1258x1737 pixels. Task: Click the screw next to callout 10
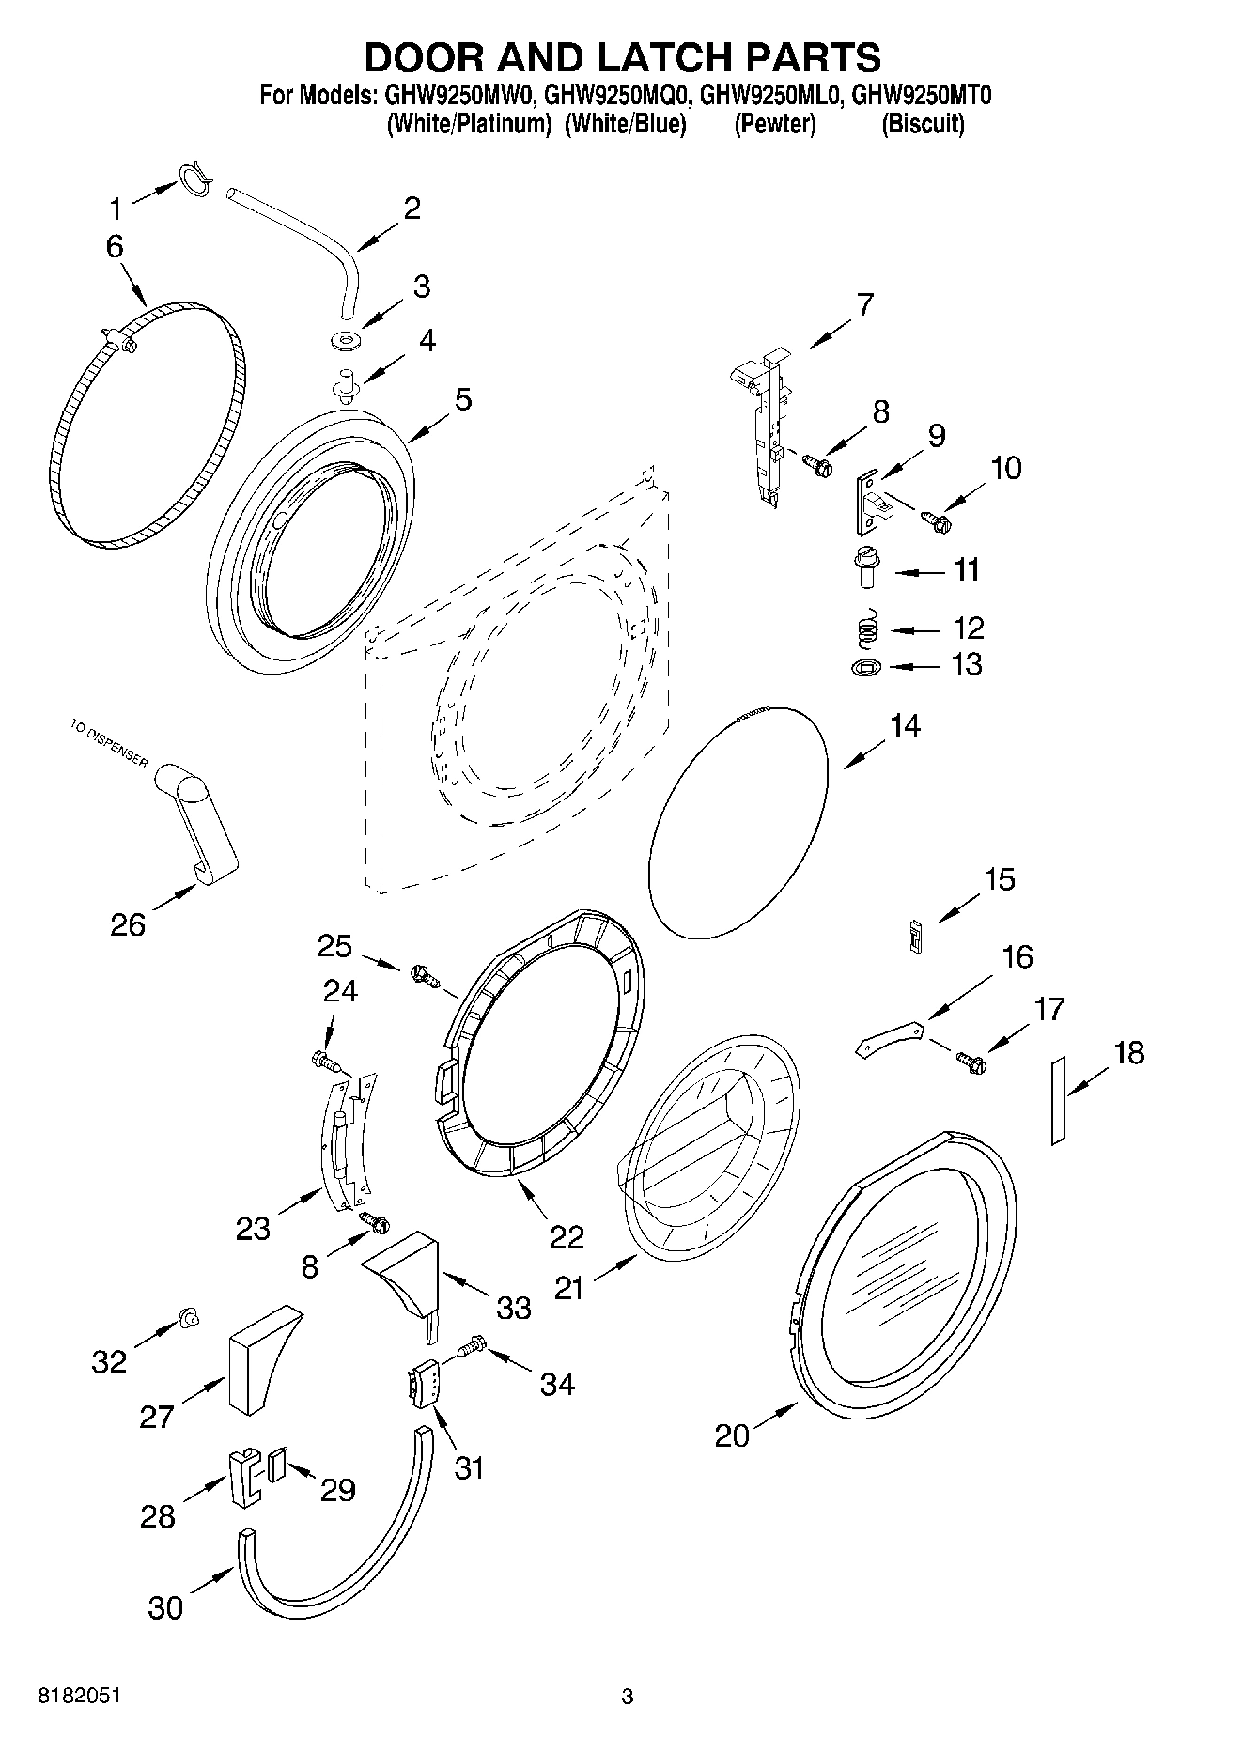tap(936, 517)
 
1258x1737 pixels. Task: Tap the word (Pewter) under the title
tap(775, 124)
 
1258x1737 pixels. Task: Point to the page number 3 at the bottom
tap(628, 1697)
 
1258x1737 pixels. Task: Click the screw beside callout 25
tap(425, 976)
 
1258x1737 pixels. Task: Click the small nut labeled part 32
tap(188, 1320)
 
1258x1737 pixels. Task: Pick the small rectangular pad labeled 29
tap(276, 1466)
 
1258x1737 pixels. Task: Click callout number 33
tap(513, 1307)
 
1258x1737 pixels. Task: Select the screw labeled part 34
tap(469, 1349)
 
